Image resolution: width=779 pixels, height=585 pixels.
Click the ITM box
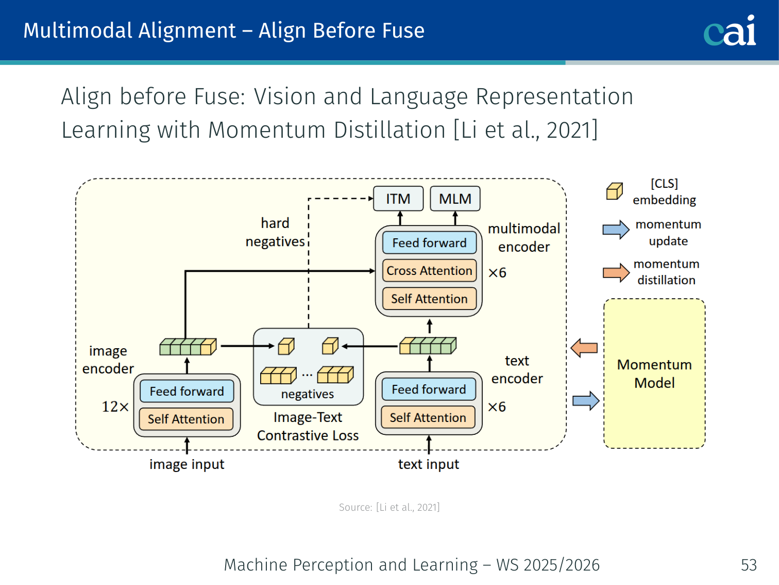pyautogui.click(x=398, y=199)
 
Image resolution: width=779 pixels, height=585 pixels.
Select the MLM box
pyautogui.click(x=455, y=199)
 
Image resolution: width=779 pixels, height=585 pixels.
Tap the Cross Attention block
pyautogui.click(x=429, y=271)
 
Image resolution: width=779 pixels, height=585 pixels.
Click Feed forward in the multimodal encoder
pyautogui.click(x=429, y=243)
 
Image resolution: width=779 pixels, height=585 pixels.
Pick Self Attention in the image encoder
pyautogui.click(x=187, y=419)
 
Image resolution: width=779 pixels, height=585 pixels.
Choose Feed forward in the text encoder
pyautogui.click(x=429, y=389)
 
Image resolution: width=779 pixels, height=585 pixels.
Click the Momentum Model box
pyautogui.click(x=654, y=373)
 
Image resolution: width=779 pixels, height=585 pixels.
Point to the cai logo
pyautogui.click(x=730, y=30)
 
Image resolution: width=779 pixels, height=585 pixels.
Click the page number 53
pyautogui.click(x=749, y=565)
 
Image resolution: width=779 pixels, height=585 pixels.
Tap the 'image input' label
pyautogui.click(x=187, y=464)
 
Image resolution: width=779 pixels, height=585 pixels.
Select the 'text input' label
pyautogui.click(x=428, y=464)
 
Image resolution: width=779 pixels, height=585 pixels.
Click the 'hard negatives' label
pyautogui.click(x=275, y=232)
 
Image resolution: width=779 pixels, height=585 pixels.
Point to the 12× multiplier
pyautogui.click(x=115, y=407)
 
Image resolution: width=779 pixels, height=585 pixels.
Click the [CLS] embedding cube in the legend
pyautogui.click(x=614, y=191)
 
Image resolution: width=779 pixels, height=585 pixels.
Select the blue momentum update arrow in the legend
pyautogui.click(x=616, y=230)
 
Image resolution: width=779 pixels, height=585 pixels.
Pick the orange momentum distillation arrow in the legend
pyautogui.click(x=616, y=273)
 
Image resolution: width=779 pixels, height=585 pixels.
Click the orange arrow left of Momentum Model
pyautogui.click(x=584, y=348)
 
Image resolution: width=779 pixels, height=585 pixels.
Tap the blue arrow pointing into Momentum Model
pyautogui.click(x=586, y=401)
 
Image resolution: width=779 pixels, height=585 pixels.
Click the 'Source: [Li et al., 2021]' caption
pyautogui.click(x=389, y=507)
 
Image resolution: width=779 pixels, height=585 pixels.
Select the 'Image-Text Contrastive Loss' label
pyautogui.click(x=308, y=426)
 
